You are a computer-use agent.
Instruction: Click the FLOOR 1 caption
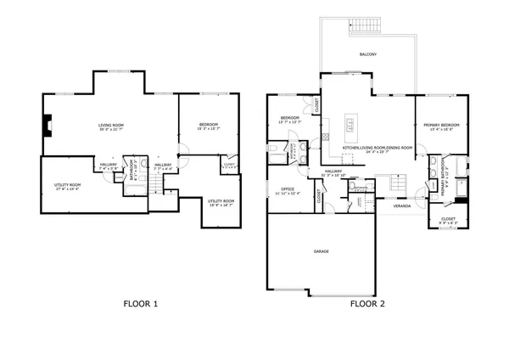click(140, 303)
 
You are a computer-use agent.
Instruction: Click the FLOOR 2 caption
click(368, 303)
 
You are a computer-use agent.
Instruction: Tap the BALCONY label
click(367, 54)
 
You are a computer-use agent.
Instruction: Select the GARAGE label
click(321, 251)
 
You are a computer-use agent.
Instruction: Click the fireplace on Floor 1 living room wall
click(48, 128)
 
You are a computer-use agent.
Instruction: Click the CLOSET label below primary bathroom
click(448, 220)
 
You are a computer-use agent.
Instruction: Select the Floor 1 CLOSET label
click(229, 165)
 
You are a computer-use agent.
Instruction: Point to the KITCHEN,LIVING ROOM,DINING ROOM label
click(378, 149)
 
